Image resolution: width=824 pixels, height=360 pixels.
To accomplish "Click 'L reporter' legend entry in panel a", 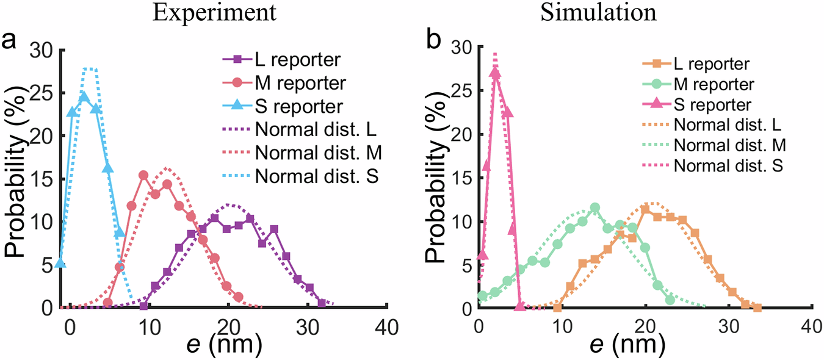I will [x=291, y=60].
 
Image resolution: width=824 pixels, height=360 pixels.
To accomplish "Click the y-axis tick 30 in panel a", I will [x=43, y=51].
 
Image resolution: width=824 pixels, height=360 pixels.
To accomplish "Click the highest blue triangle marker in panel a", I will [x=84, y=96].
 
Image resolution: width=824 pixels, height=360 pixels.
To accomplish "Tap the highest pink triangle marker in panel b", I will [x=495, y=73].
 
